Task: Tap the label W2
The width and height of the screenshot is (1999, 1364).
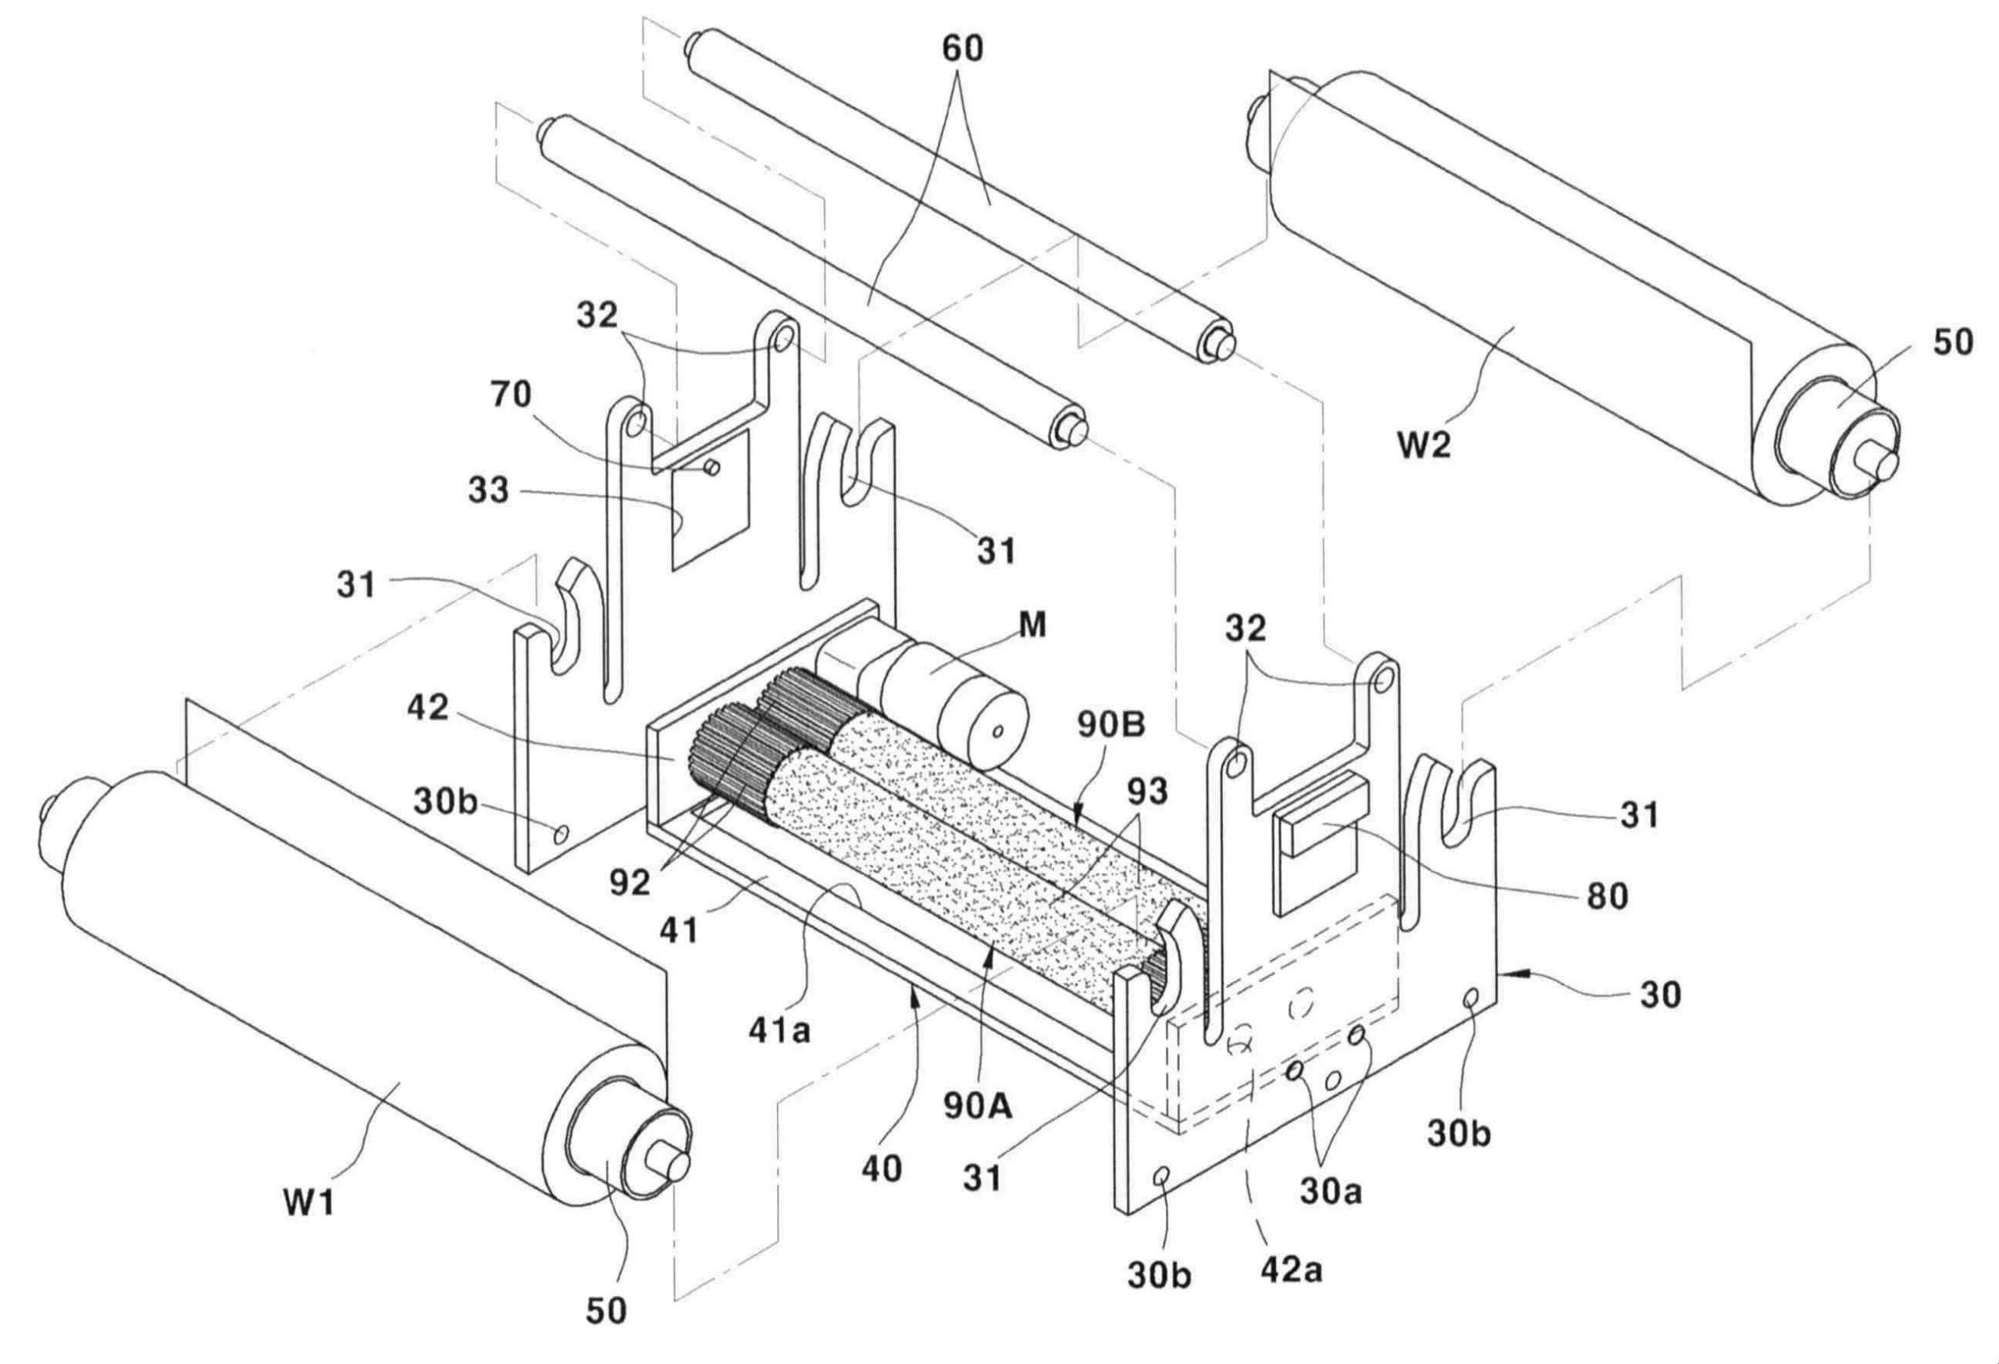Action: tap(1422, 446)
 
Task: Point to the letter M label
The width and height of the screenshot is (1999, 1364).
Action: tap(1033, 627)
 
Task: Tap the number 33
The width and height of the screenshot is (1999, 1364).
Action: tap(489, 492)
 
